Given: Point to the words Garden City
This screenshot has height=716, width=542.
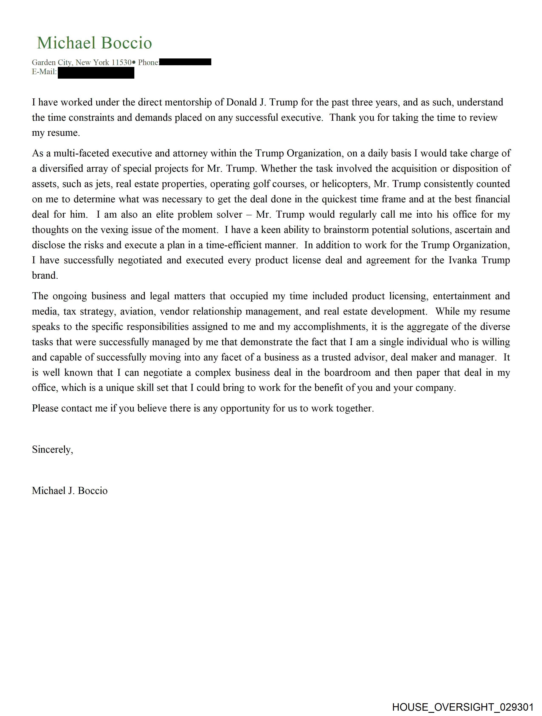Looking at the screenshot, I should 52,62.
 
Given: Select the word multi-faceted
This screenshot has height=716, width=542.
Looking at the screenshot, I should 81,153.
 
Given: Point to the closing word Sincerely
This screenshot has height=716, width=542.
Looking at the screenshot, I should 52,450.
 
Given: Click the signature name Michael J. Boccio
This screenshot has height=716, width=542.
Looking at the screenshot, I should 70,491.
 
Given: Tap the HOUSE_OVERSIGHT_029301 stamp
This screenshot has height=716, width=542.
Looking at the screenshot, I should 462,707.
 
